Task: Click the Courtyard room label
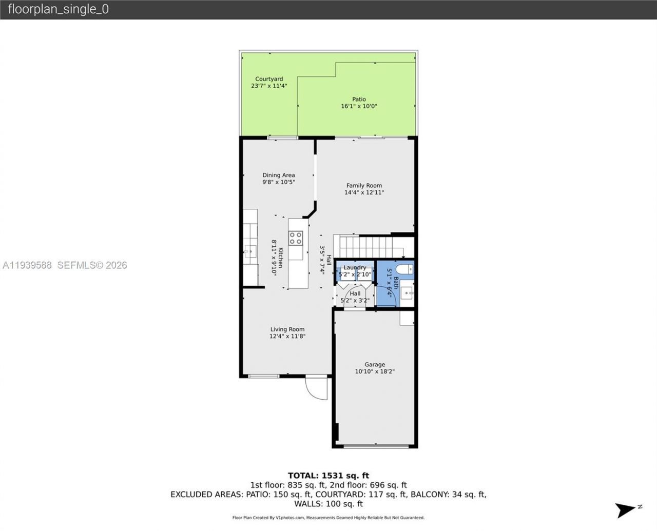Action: point(269,79)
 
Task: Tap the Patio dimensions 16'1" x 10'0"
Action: point(359,106)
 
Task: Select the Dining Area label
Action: point(279,175)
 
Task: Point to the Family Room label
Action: point(364,186)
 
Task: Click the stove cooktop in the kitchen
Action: point(296,238)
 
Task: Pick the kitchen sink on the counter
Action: point(250,251)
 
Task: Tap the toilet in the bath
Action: point(405,269)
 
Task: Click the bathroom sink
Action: point(407,293)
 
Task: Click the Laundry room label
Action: point(355,267)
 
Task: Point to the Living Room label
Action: point(287,329)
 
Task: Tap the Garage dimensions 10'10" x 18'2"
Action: point(375,371)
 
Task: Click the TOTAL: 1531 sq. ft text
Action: point(328,476)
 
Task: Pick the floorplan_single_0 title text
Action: point(58,9)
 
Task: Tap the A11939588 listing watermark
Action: point(27,265)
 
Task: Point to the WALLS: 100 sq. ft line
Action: point(328,504)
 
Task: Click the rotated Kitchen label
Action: point(281,262)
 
